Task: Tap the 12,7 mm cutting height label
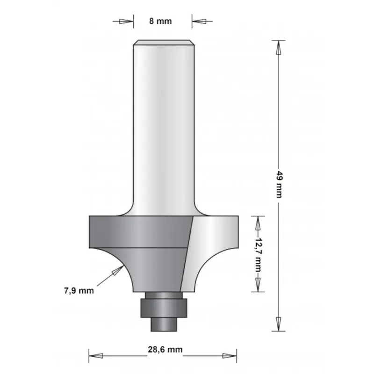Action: pos(257,253)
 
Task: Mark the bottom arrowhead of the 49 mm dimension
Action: pos(278,323)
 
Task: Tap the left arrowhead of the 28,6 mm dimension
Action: pos(96,355)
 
